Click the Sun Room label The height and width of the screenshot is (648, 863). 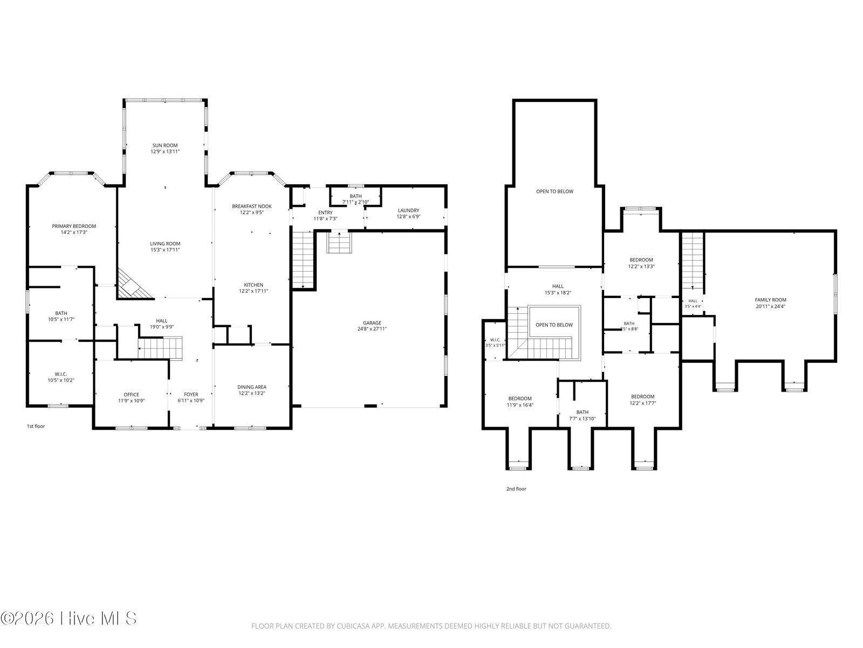click(x=165, y=145)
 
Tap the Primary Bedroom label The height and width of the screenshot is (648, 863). click(x=74, y=226)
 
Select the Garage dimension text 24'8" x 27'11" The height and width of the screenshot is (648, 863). click(x=372, y=329)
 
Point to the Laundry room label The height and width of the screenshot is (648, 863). click(x=408, y=211)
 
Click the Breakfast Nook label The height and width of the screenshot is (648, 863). click(x=252, y=206)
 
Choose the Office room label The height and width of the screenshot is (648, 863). click(x=131, y=395)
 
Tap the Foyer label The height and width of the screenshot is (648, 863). click(x=191, y=395)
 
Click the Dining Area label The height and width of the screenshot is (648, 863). click(x=252, y=387)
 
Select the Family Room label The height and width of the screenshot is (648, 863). click(x=770, y=300)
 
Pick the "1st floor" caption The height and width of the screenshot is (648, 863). click(x=36, y=426)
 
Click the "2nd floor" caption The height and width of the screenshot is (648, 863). click(x=516, y=489)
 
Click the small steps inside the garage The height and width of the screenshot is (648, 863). click(x=339, y=243)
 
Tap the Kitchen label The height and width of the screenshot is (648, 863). click(x=253, y=285)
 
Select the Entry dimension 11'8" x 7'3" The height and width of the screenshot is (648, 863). click(x=325, y=219)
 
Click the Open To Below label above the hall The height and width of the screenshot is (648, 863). click(x=555, y=192)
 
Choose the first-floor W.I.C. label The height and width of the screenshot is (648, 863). click(x=61, y=374)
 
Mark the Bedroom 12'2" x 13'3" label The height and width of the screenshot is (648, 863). click(x=641, y=260)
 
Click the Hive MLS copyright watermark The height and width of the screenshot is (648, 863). click(x=69, y=619)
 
